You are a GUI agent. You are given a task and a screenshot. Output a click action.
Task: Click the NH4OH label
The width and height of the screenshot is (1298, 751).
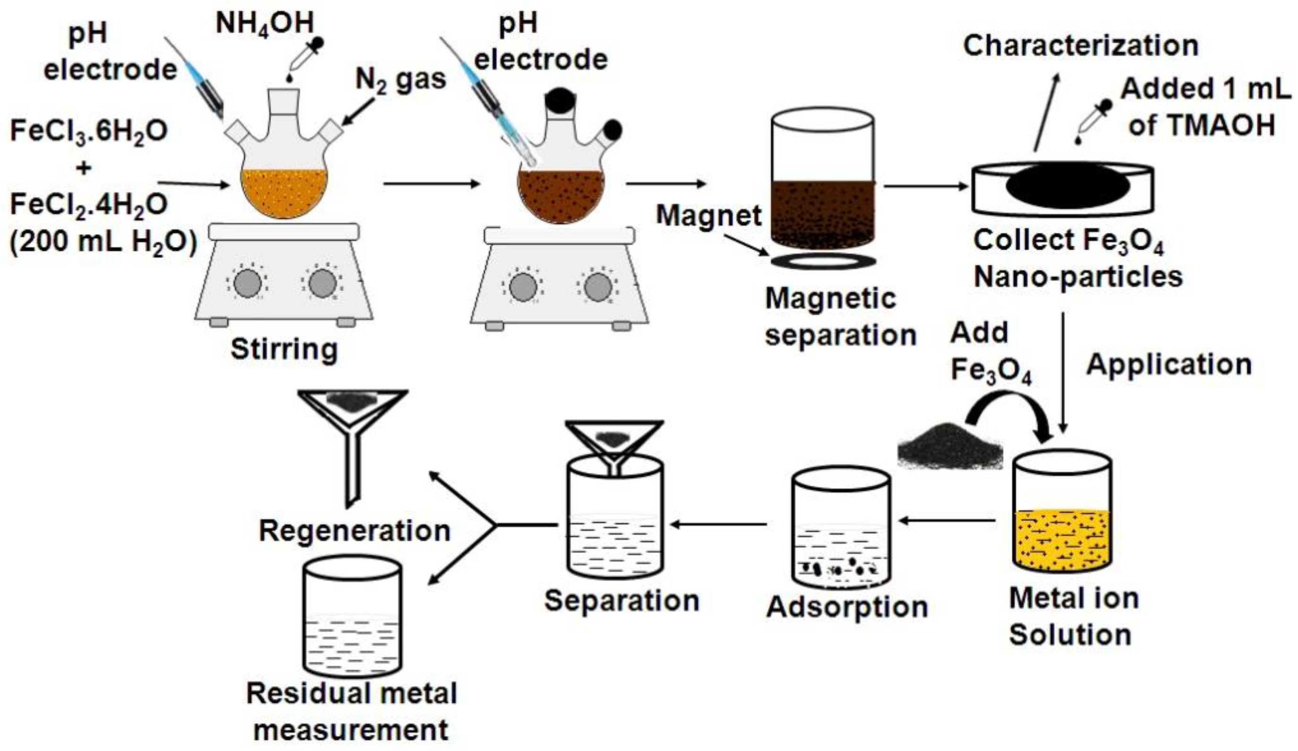coord(264,24)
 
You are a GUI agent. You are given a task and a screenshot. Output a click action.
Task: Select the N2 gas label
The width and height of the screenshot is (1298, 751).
coord(401,81)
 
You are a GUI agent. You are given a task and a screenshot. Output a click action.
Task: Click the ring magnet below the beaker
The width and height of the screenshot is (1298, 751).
coord(822,261)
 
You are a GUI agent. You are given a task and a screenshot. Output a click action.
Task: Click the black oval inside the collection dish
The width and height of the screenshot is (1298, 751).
coord(1067,186)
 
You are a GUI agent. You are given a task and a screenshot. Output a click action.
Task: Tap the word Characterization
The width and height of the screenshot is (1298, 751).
coord(1081,46)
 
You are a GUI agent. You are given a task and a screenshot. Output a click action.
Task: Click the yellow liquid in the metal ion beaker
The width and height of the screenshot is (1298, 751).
coord(1062,540)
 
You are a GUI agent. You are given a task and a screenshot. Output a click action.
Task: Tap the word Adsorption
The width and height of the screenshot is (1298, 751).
coord(847,608)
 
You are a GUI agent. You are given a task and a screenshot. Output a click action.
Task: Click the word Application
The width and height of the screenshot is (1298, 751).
coord(1169,365)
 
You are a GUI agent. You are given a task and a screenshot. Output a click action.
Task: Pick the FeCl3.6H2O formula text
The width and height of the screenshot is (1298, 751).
coord(89,131)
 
